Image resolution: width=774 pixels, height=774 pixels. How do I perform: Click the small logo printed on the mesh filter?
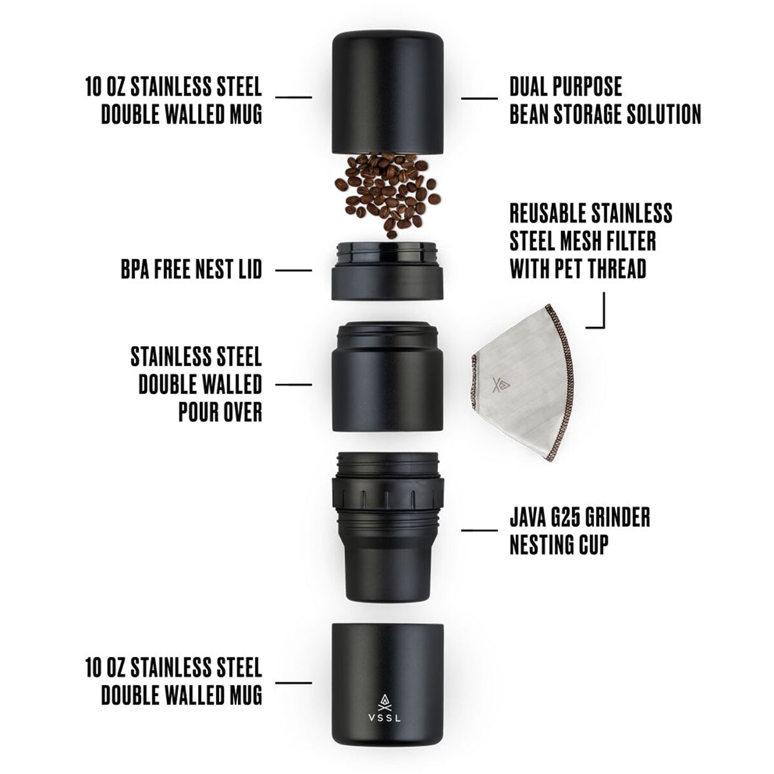click(x=501, y=386)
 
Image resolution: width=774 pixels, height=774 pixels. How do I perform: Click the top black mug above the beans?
click(x=387, y=92)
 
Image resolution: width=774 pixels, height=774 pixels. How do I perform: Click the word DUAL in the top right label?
click(x=529, y=86)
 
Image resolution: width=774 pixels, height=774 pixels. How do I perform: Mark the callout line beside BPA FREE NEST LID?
click(x=293, y=270)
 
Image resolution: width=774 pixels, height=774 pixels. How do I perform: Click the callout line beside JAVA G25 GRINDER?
click(x=479, y=530)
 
